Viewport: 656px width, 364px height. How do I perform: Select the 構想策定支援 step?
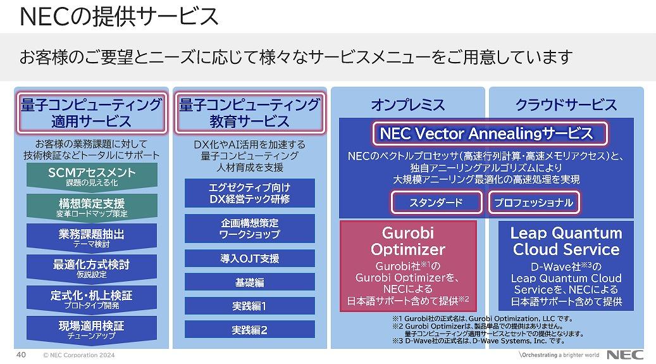coord(92,207)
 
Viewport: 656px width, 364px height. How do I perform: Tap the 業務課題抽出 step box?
coord(92,237)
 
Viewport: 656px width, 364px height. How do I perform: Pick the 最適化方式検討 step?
coord(92,268)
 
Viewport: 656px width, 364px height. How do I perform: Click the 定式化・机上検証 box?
coord(92,299)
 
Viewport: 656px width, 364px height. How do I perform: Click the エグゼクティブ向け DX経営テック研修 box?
coord(250,193)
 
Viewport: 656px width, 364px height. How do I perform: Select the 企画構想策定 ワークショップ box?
coord(250,229)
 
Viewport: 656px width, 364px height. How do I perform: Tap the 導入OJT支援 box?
coord(250,258)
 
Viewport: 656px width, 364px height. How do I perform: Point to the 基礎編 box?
coord(250,282)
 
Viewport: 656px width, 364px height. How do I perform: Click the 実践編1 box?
coord(250,306)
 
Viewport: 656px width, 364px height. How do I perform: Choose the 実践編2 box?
coord(250,330)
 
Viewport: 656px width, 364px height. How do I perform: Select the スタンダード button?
coord(436,203)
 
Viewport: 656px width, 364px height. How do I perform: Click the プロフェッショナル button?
coord(534,203)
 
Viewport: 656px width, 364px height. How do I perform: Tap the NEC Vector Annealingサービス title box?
coord(490,134)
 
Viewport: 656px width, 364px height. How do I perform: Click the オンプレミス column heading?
coord(408,104)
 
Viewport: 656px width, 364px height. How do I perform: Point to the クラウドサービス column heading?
coord(566,104)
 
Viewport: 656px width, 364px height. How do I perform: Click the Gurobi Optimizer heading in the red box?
coord(408,241)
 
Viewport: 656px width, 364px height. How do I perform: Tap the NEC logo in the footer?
coord(625,355)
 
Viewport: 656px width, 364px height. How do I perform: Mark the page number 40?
coord(21,355)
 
